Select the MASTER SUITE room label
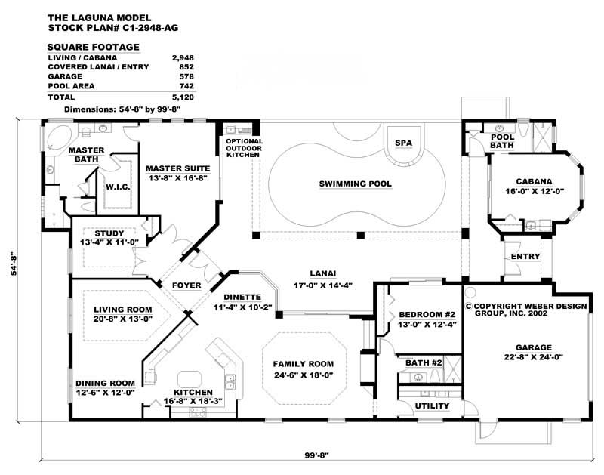point(178,168)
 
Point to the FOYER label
point(186,285)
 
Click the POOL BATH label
point(503,141)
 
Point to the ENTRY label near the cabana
point(525,257)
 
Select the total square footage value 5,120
point(183,97)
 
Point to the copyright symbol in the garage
point(468,307)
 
